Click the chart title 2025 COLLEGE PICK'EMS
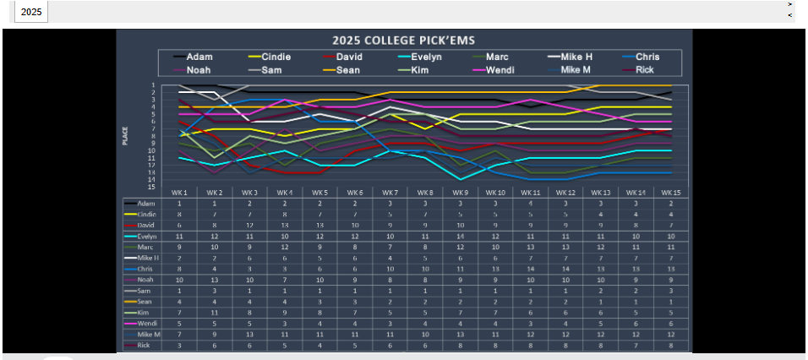click(403, 40)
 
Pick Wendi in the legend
click(502, 70)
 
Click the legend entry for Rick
click(644, 70)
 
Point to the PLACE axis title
click(126, 135)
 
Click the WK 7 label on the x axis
click(391, 193)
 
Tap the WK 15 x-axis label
click(671, 193)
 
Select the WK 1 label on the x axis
click(180, 193)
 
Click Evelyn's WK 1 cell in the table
click(180, 237)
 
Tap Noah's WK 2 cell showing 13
click(215, 279)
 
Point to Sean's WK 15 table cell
click(671, 301)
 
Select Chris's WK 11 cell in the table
click(530, 269)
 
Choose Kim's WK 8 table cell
click(426, 312)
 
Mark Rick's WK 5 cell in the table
click(320, 345)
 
